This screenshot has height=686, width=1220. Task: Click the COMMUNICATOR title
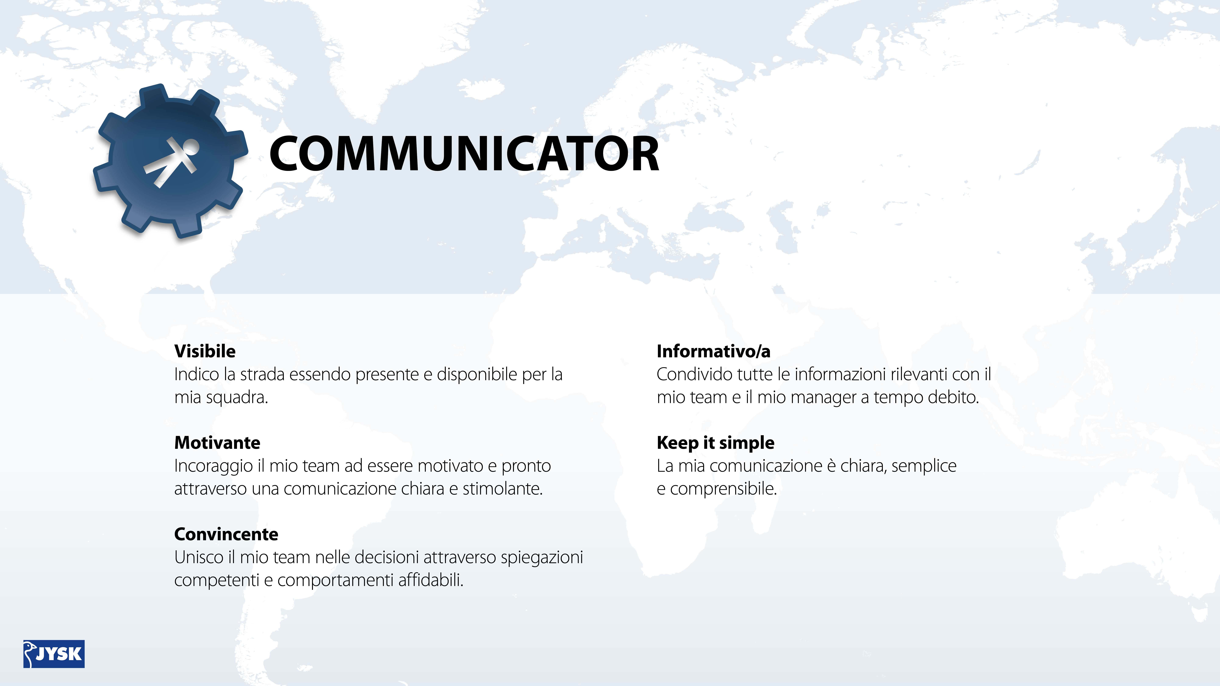pyautogui.click(x=464, y=153)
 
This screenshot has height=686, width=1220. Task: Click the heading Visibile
pyautogui.click(x=205, y=351)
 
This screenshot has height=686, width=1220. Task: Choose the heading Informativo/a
pyautogui.click(x=713, y=351)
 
